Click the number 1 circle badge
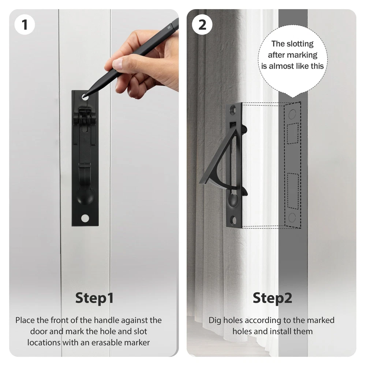(x=25, y=25)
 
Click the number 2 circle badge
(x=202, y=25)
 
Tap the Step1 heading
(x=94, y=298)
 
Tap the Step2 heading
(x=272, y=298)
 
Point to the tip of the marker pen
(x=84, y=96)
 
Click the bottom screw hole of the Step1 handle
(x=85, y=218)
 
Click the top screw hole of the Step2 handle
(x=233, y=110)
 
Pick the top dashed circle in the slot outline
(x=292, y=114)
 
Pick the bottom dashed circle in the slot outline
(x=292, y=218)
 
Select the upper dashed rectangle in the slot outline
(x=292, y=133)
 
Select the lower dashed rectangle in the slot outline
(x=293, y=191)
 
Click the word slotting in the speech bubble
(x=300, y=44)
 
